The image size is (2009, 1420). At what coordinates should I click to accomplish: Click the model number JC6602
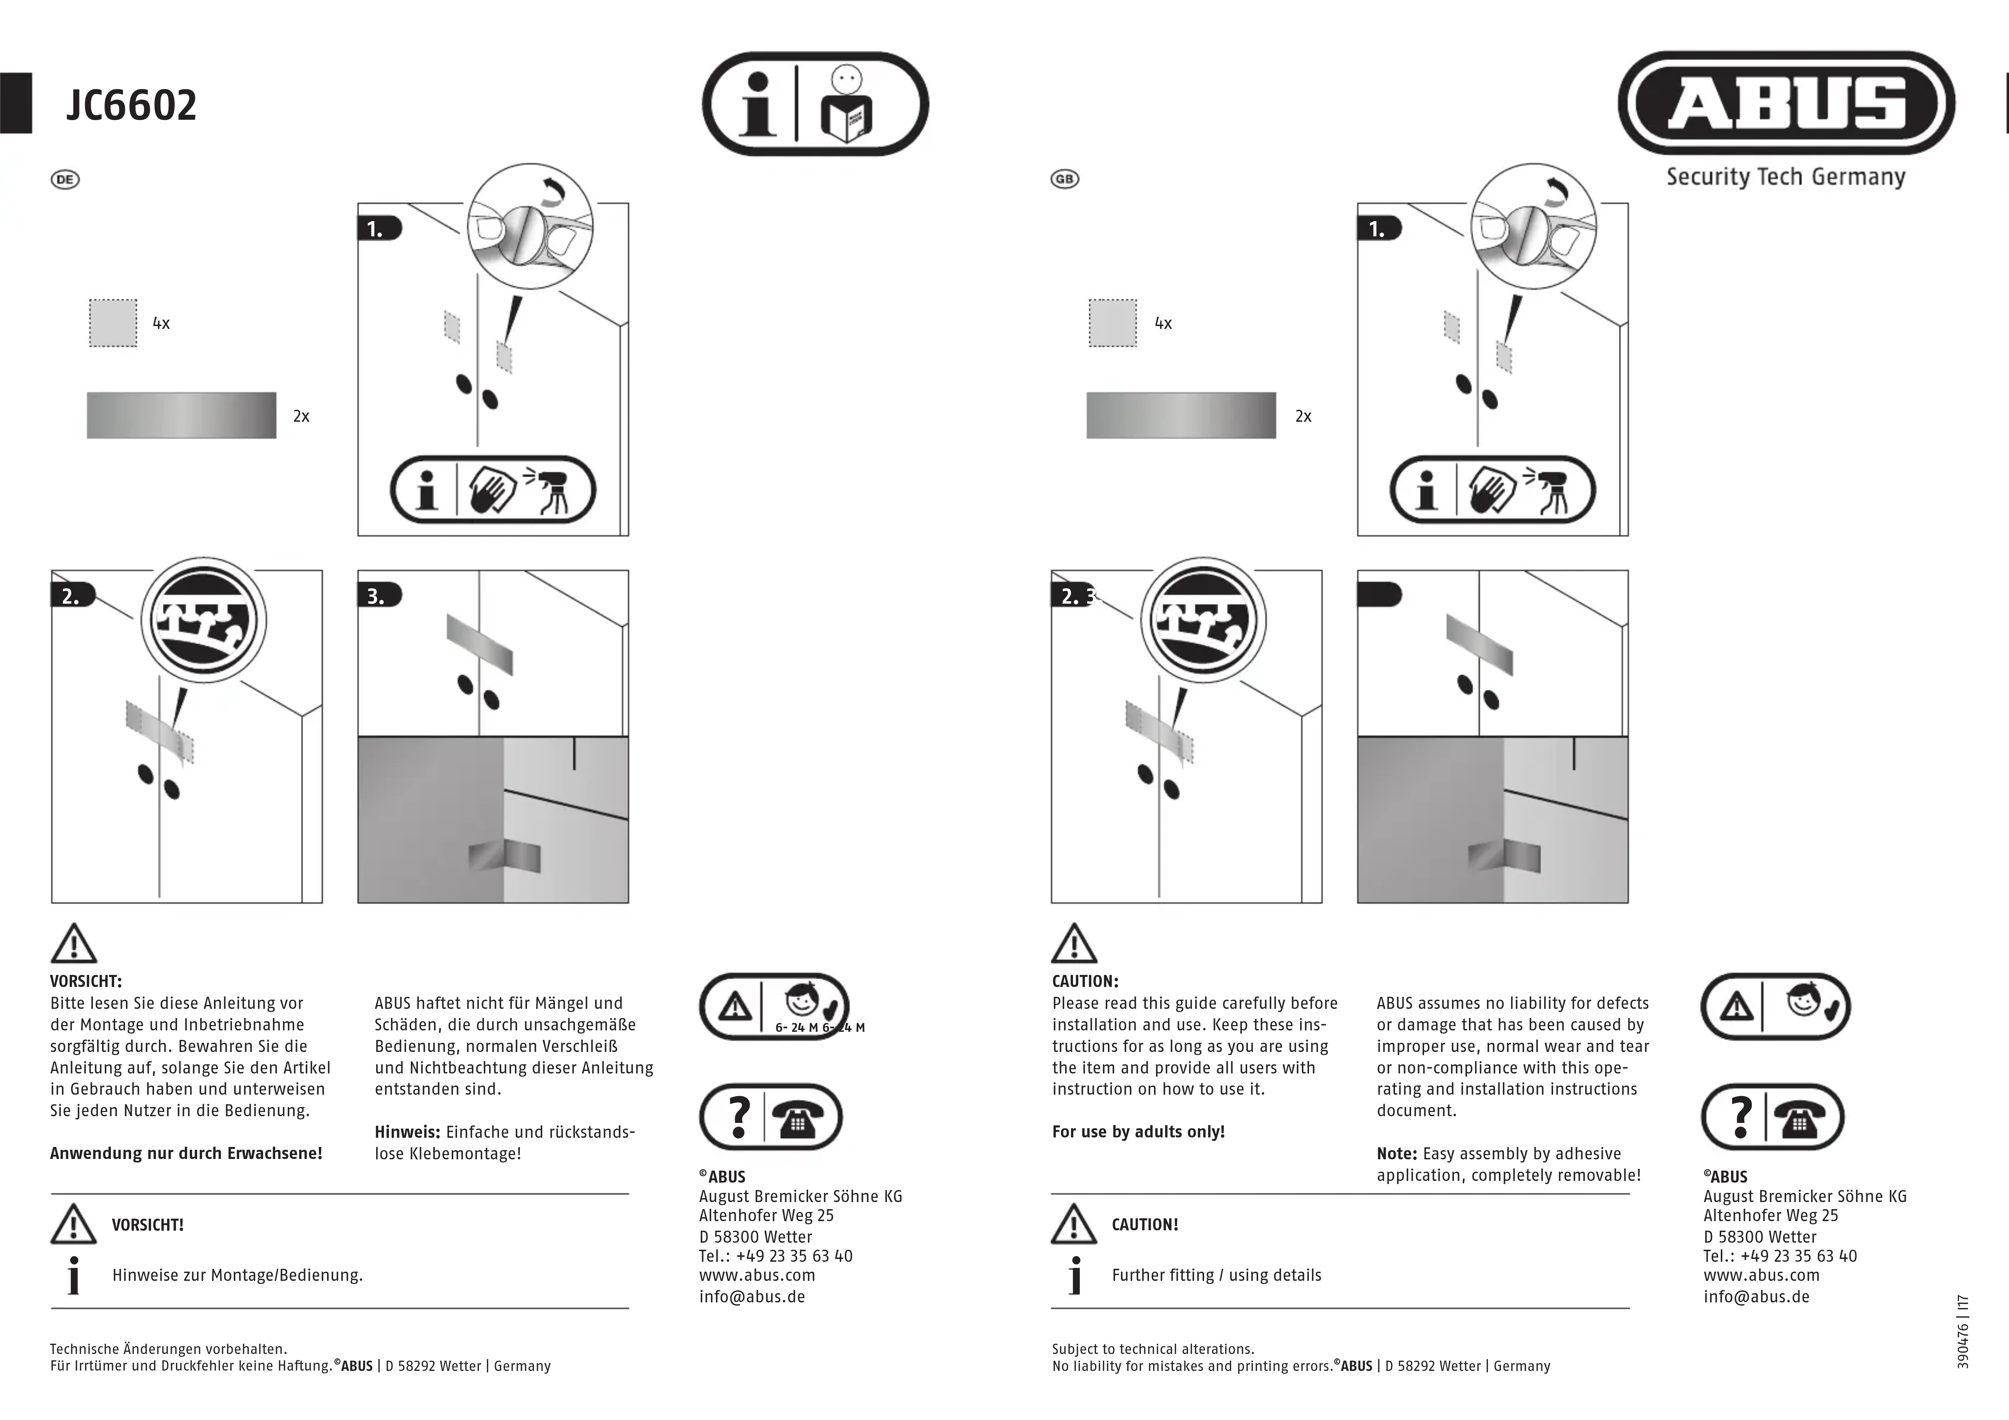[x=131, y=105]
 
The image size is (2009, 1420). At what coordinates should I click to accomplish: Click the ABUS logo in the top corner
[x=1786, y=103]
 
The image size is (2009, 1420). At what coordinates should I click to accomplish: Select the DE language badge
[x=65, y=179]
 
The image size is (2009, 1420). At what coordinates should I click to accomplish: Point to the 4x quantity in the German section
[x=161, y=323]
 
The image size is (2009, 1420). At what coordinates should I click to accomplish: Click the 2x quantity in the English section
[x=1303, y=416]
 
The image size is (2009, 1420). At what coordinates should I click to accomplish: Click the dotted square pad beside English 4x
[x=1112, y=323]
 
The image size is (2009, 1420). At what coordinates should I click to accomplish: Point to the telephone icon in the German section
[x=798, y=1117]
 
